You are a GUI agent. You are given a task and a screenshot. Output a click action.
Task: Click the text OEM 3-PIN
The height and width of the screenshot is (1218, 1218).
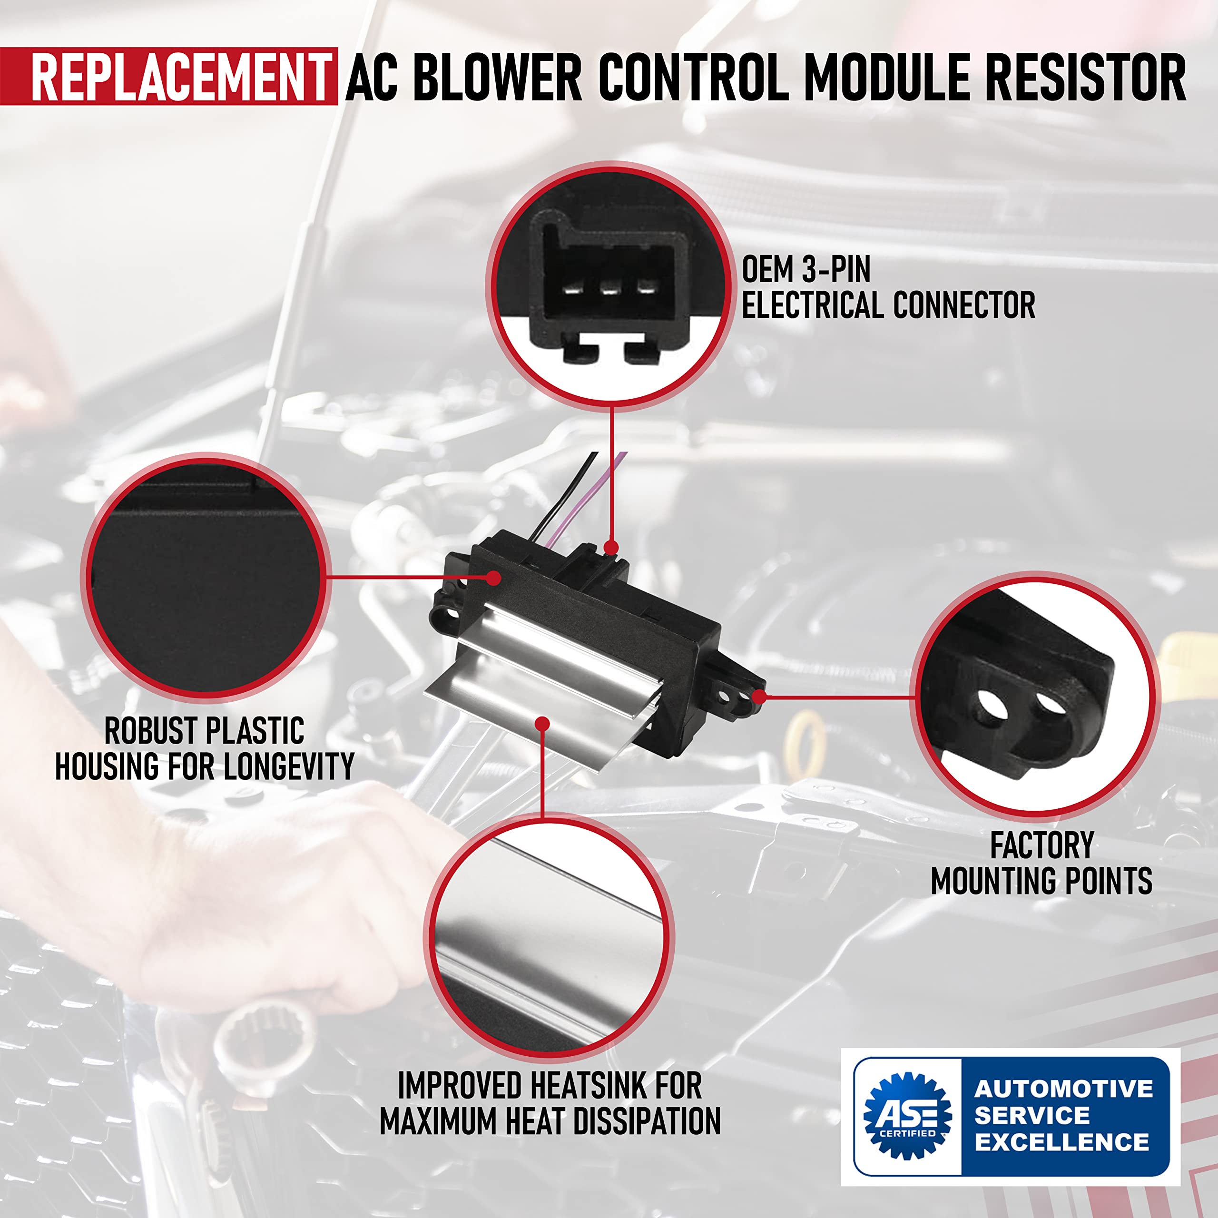(x=805, y=270)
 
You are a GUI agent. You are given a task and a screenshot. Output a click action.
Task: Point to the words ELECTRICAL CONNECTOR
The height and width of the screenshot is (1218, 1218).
(x=888, y=305)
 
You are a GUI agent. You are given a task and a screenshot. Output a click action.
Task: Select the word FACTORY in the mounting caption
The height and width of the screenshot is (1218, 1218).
(x=1041, y=845)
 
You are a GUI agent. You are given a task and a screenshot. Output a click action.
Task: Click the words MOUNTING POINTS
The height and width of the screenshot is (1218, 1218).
(x=1041, y=881)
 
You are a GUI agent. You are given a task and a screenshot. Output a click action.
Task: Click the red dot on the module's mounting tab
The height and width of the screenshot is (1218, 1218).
(x=759, y=697)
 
